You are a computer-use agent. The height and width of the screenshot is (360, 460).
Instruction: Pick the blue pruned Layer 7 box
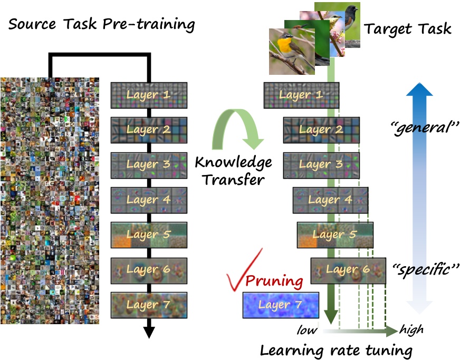pyautogui.click(x=281, y=305)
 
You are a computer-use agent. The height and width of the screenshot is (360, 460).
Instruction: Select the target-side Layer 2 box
pyautogui.click(x=321, y=130)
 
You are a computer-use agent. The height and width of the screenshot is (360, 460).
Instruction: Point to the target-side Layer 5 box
pyautogui.click(x=334, y=235)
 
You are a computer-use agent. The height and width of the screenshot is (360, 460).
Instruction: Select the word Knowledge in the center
pyautogui.click(x=233, y=161)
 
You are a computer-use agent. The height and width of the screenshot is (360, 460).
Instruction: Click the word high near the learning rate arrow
pyautogui.click(x=411, y=330)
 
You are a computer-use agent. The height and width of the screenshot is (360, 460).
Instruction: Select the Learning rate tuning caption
pyautogui.click(x=336, y=349)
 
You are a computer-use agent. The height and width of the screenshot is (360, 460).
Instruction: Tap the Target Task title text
pyautogui.click(x=409, y=29)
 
